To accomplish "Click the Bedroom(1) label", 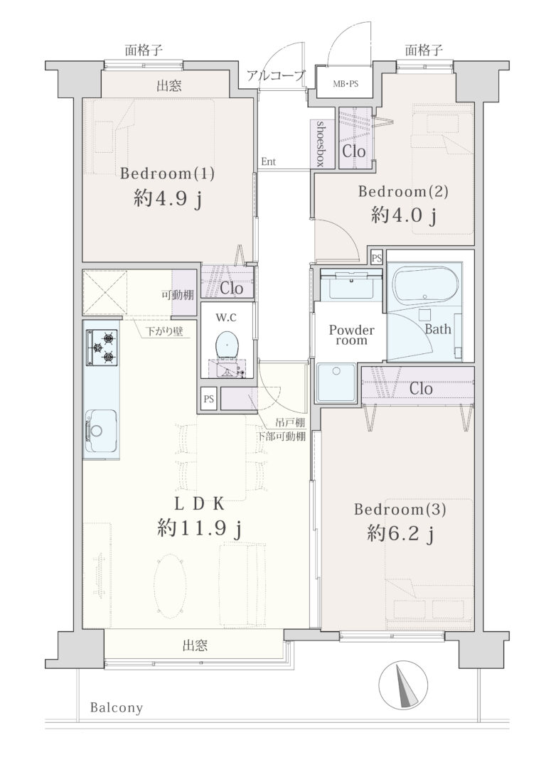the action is pos(167,173).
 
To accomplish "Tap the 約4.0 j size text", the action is pos(404,215).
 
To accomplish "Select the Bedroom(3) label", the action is pos(400,509).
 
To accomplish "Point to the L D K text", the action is pos(199,504).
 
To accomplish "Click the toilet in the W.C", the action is pos(227,343).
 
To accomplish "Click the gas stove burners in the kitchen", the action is pos(102,348).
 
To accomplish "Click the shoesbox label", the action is pos(321,144).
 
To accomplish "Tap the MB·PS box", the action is pos(345,83).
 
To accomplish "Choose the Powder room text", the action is pos(351,335).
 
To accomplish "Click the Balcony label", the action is pos(117,708).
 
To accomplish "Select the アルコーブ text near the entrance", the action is pos(277,76).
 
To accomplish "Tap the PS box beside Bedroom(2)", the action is pos(377,257).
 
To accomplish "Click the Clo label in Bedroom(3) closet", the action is pos(421,388).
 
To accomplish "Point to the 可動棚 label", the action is pos(178,295).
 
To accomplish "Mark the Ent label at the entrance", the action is pos(268,161).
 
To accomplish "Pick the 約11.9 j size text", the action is pos(199,530).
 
